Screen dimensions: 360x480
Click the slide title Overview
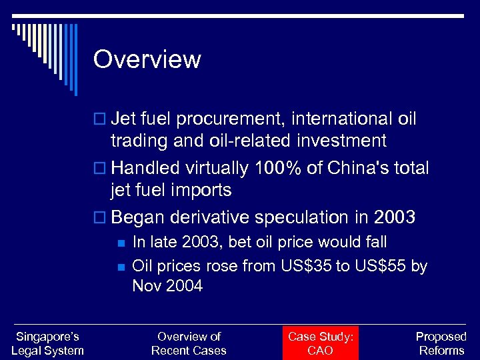click(147, 59)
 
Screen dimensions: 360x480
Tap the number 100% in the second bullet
click(284, 169)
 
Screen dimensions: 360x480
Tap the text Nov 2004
click(167, 286)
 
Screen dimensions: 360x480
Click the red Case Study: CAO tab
click(320, 343)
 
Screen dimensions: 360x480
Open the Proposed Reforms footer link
click(441, 343)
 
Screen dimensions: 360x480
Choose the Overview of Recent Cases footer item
click(189, 343)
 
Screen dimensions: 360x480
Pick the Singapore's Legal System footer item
click(47, 343)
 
